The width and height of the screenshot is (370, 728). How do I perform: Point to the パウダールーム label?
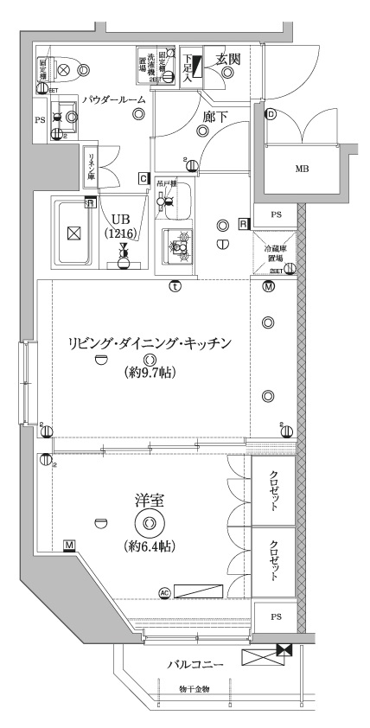click(113, 100)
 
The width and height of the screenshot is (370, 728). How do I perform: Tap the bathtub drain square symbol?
click(73, 233)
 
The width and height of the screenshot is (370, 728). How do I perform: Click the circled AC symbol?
click(164, 592)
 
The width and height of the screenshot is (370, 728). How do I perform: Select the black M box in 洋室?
click(68, 545)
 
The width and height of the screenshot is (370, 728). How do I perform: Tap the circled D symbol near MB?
click(270, 113)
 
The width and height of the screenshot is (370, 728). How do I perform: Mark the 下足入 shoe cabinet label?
click(187, 65)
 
